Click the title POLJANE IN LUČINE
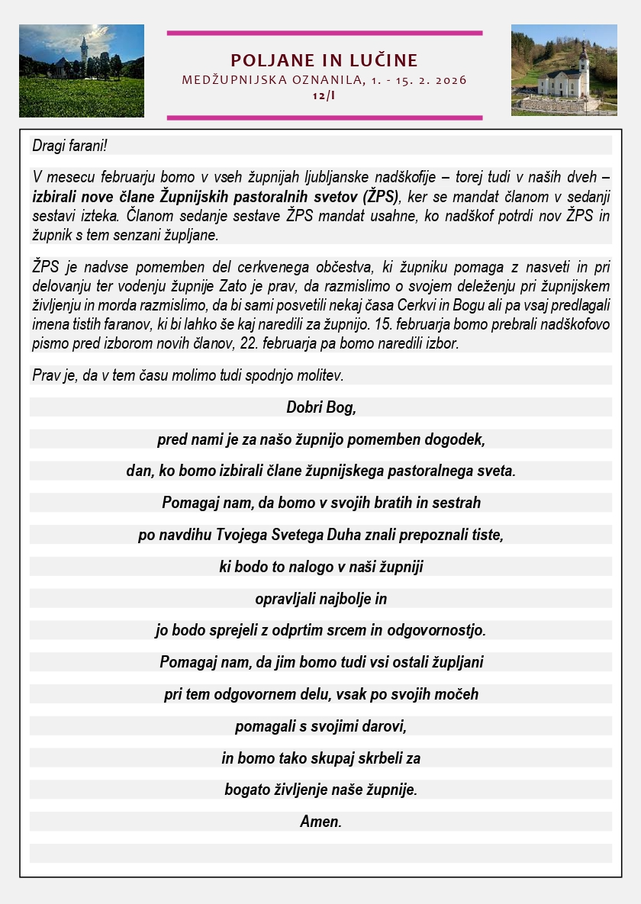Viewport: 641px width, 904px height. [324, 61]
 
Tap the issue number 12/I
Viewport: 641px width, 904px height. [324, 95]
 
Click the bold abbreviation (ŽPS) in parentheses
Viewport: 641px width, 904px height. [379, 196]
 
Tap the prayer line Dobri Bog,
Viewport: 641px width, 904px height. [321, 407]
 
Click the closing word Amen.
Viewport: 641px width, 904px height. [321, 822]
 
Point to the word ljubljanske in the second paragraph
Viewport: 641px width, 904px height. [314, 177]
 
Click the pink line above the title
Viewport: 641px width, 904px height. [324, 33]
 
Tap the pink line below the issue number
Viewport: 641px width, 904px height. [324, 117]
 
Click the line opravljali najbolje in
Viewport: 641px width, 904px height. [321, 599]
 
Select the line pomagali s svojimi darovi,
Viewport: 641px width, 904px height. [321, 726]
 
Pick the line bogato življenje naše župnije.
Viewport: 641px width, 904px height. [321, 790]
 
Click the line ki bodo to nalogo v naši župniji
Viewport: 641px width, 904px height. [321, 567]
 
